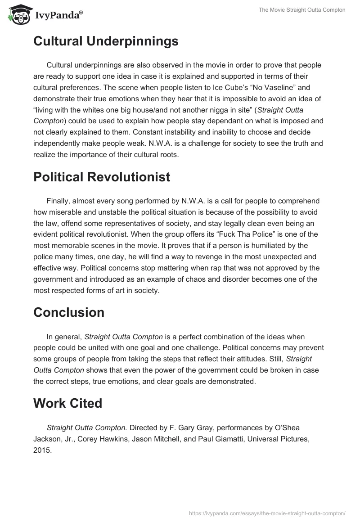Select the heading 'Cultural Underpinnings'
point(106,41)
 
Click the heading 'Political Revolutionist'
point(102,177)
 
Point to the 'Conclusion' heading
point(69,312)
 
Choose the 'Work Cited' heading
point(67,403)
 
